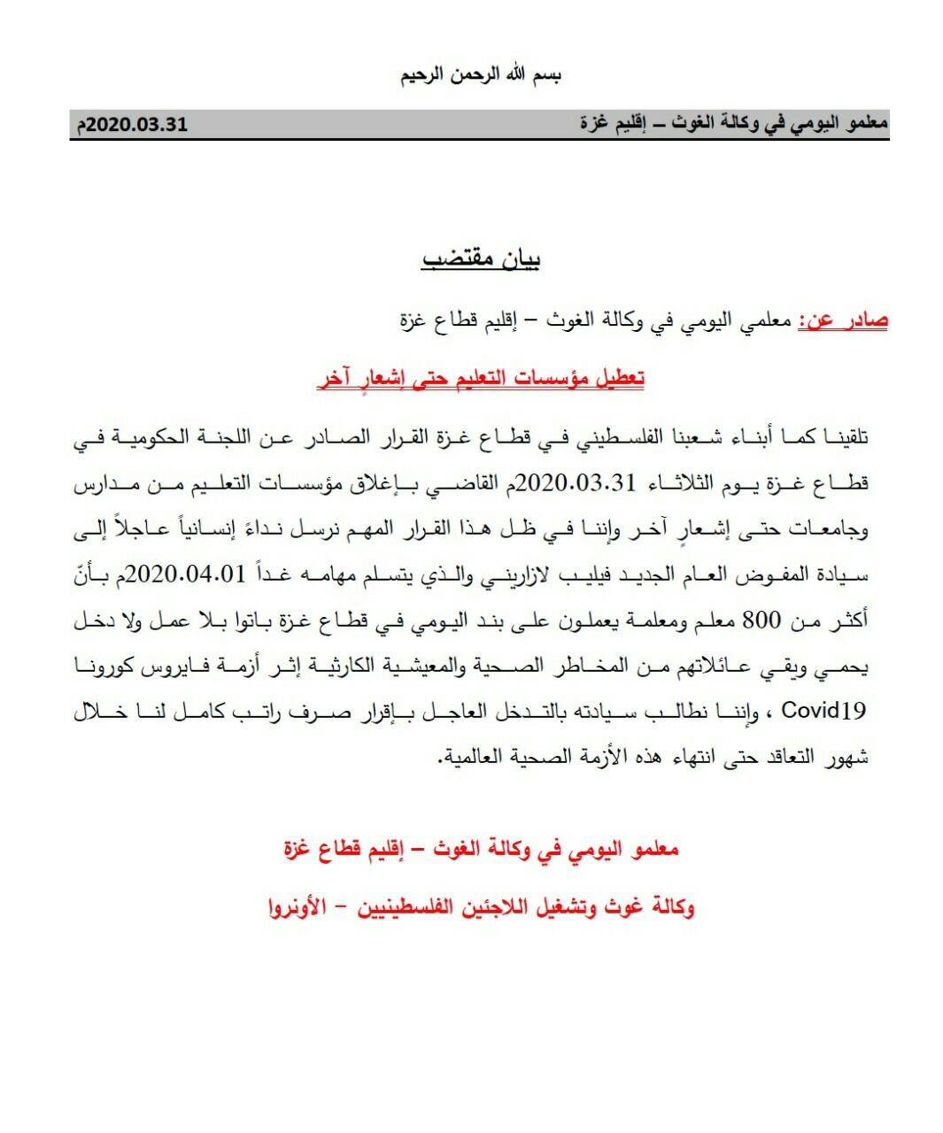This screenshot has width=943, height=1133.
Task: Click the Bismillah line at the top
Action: click(480, 74)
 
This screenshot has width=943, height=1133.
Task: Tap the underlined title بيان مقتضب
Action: click(482, 258)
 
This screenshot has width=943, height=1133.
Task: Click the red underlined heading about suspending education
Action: click(481, 379)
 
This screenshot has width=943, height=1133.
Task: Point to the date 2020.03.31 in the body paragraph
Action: click(576, 483)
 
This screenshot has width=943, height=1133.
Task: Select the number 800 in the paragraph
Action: click(761, 620)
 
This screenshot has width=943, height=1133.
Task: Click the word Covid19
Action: click(824, 712)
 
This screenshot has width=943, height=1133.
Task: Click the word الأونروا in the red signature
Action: click(296, 907)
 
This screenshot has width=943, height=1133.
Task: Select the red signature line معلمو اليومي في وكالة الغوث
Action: click(481, 850)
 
